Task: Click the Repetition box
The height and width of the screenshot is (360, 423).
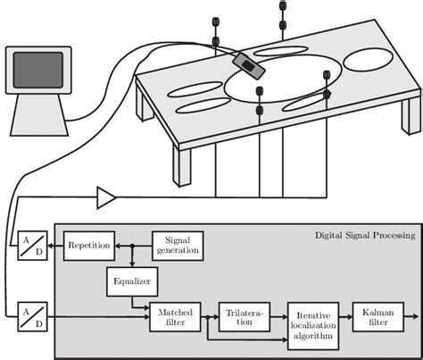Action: click(x=87, y=244)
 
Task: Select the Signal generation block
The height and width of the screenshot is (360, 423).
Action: click(x=177, y=244)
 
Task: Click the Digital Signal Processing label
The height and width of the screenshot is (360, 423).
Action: click(x=365, y=236)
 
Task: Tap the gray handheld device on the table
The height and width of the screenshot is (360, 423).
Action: click(x=247, y=64)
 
